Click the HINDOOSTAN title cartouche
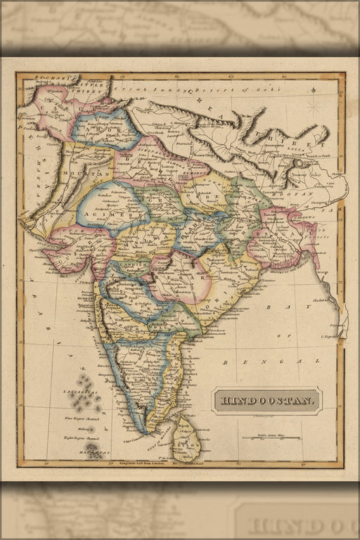coord(268,401)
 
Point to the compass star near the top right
coord(314,107)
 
